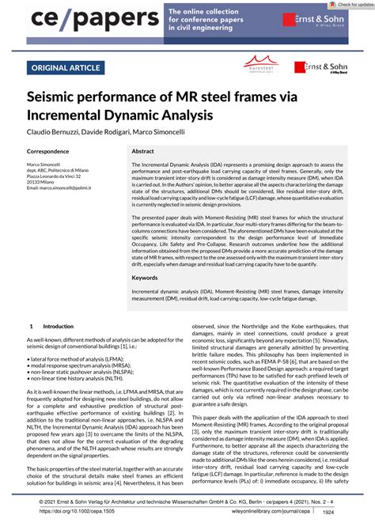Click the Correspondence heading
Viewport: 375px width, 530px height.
(x=53, y=150)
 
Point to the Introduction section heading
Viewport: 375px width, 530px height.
(x=57, y=325)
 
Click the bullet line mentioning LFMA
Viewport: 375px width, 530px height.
(x=75, y=359)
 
